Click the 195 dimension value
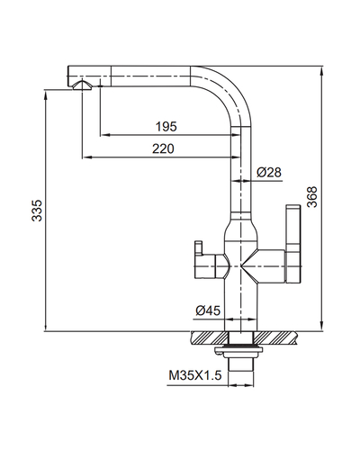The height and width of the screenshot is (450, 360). coord(166,127)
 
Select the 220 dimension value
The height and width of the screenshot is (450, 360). coord(163,148)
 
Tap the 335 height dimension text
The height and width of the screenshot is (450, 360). coord(37,211)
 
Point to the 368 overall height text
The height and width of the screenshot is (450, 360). coord(312,197)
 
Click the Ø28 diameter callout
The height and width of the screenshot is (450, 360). coord(269,172)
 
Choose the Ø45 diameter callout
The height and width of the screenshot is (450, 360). coord(208,310)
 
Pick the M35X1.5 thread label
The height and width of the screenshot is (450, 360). coord(195,375)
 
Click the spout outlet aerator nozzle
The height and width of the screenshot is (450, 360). coord(82,85)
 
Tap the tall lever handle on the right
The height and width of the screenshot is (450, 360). coord(293,244)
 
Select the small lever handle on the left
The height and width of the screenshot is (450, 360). coord(205,262)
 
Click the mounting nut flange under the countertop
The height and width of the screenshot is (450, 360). coord(239,350)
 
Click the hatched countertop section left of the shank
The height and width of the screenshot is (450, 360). coord(209,337)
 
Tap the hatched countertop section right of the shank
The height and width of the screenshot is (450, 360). coord(275,337)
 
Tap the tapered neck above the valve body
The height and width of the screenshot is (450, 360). coord(241,227)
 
